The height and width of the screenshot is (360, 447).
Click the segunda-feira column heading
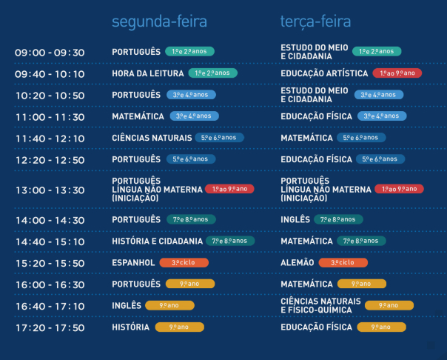tap(159, 22)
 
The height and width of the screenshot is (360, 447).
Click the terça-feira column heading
tap(315, 22)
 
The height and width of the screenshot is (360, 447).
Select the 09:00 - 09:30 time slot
tap(50, 53)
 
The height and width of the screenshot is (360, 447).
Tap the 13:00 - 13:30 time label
tap(50, 190)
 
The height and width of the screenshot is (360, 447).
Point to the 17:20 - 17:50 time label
tap(50, 328)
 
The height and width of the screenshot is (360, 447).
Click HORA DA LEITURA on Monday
tap(148, 73)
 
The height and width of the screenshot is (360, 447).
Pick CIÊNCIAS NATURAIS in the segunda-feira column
tap(152, 138)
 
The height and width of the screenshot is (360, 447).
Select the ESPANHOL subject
tap(133, 263)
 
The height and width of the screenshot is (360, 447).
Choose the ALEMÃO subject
tap(298, 262)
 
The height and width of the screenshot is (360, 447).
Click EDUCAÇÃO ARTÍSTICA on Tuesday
tap(324, 73)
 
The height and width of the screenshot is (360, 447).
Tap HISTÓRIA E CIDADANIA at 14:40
tap(157, 241)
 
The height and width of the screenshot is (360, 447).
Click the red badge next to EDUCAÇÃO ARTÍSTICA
tap(397, 73)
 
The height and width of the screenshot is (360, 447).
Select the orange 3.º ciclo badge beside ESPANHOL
tap(184, 262)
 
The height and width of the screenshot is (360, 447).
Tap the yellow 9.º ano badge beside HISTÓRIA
tap(179, 327)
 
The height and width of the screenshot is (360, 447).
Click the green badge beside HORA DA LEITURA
tap(212, 73)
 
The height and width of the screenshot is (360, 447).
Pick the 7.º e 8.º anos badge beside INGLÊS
tap(338, 219)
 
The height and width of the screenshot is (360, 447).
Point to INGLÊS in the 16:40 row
tap(127, 306)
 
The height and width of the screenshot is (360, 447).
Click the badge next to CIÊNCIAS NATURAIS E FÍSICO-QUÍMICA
tap(389, 305)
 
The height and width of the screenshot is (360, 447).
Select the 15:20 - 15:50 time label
tap(50, 263)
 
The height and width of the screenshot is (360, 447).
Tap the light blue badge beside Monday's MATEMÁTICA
tap(194, 116)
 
